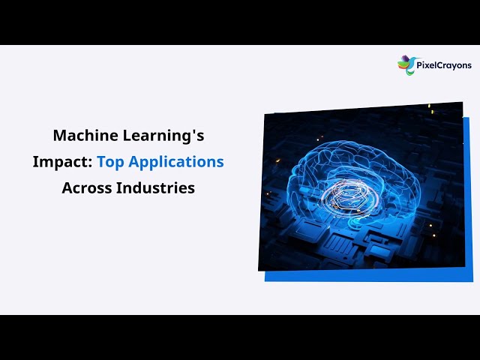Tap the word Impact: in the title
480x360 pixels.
[62, 161]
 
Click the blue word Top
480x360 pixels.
[110, 161]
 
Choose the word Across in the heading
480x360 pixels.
[87, 187]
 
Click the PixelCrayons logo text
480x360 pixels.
[445, 65]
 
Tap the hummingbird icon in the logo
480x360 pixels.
[406, 65]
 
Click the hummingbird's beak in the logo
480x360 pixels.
[399, 60]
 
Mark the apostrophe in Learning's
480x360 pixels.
[191, 131]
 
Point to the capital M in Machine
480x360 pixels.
[59, 136]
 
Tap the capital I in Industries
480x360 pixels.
[118, 187]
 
